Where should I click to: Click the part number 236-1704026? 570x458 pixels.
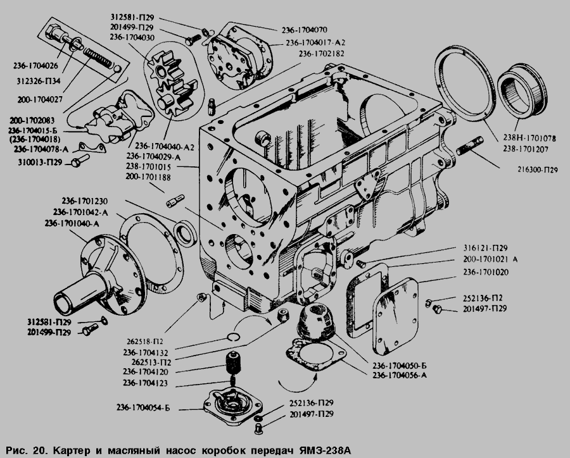pyautogui.click(x=35, y=64)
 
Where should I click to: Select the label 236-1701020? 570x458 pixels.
pyautogui.click(x=484, y=271)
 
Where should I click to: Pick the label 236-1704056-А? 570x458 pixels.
pyautogui.click(x=400, y=376)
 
